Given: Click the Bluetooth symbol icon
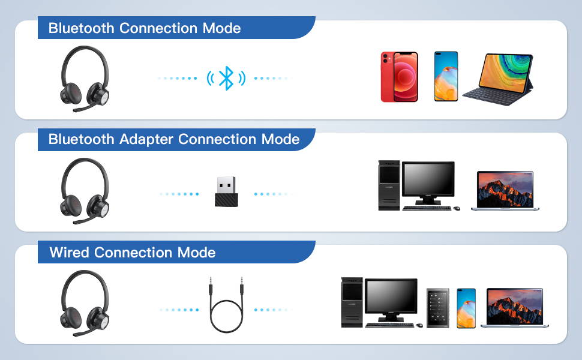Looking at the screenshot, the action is (x=226, y=78).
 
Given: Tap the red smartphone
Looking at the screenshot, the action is (x=400, y=77).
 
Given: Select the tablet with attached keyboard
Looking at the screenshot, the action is (x=498, y=79).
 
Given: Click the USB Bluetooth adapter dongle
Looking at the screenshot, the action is (x=226, y=191).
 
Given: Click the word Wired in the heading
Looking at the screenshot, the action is (x=70, y=253).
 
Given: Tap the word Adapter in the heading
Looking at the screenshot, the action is (x=146, y=140).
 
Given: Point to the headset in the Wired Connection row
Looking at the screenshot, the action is (x=85, y=303).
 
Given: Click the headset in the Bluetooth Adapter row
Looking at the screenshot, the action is (x=85, y=191).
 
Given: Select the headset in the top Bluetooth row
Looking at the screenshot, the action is (x=85, y=79).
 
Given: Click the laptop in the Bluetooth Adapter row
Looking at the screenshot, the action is (x=505, y=191).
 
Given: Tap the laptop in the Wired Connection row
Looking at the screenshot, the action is (x=514, y=308).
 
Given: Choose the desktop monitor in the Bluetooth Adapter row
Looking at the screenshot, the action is (x=428, y=182).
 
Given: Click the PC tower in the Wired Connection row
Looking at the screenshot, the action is (x=352, y=302).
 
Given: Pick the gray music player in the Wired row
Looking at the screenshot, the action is (x=438, y=308).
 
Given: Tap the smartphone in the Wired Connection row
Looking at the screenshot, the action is (x=466, y=308).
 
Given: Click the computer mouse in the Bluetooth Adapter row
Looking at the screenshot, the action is (x=457, y=208).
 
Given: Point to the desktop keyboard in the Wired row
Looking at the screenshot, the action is (x=390, y=325).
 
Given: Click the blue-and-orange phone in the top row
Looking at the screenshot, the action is (x=446, y=76).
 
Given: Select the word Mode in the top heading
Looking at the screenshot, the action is (x=221, y=28).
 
